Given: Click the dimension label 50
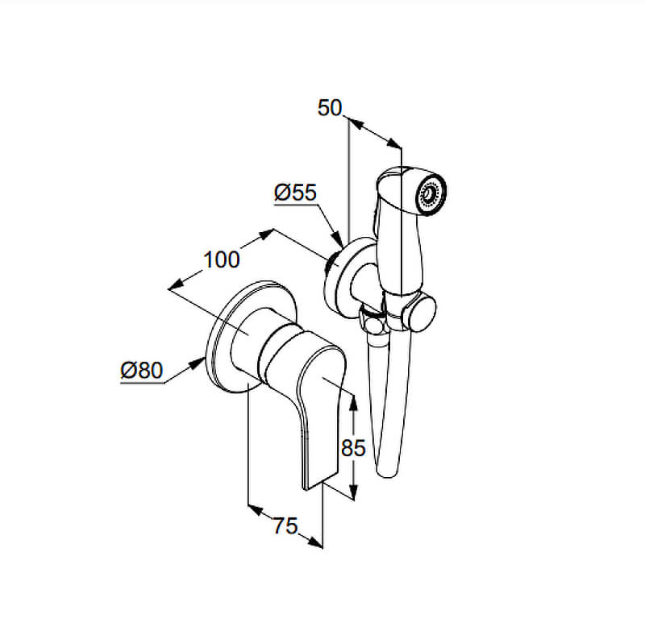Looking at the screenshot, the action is coord(330,108).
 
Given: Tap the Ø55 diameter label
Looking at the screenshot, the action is coord(295,193).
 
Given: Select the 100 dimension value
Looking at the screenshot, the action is coord(221,260).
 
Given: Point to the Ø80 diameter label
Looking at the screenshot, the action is coord(142,371).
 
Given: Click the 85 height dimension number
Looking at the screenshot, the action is coord(353,448).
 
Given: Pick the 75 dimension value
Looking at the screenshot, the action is coord(285,525).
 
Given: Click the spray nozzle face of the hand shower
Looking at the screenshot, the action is coord(431,193).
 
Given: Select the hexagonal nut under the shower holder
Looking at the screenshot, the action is coord(373,322).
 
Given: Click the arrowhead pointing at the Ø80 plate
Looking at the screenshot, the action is coord(197,363).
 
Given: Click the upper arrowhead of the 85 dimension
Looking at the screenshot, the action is coord(353,402).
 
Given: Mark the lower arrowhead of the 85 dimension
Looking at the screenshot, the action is coord(353,491).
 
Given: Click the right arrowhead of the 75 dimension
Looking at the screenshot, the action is coord(314,543).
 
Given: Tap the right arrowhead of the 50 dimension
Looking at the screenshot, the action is coord(393,143).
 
